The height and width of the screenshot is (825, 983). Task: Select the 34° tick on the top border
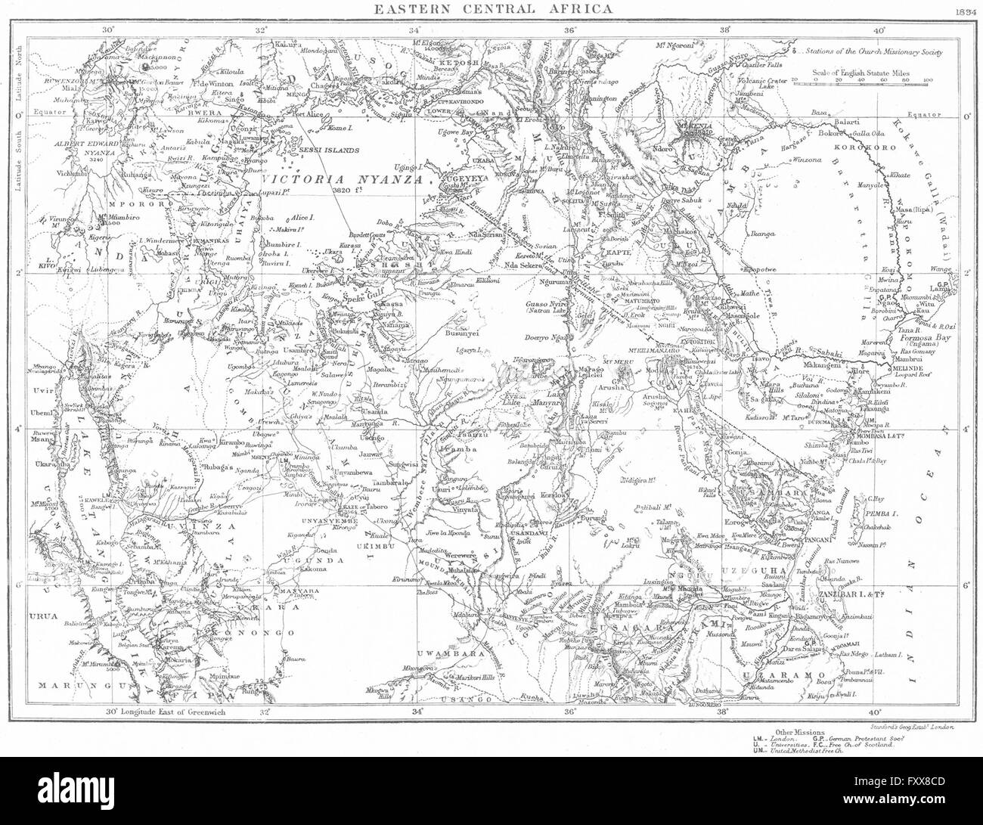(x=414, y=29)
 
